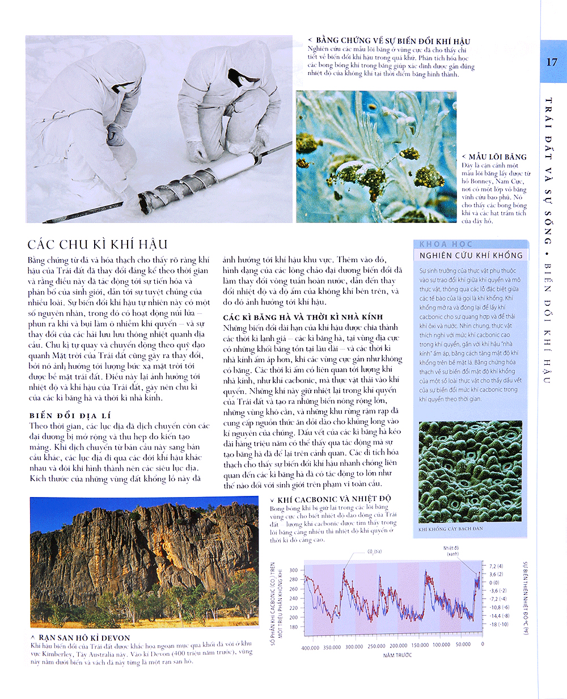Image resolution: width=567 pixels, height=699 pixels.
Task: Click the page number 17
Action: pyautogui.click(x=552, y=62)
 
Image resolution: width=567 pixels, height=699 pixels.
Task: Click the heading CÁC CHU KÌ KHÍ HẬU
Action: pyautogui.click(x=98, y=245)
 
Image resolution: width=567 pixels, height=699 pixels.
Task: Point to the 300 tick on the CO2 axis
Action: pyautogui.click(x=293, y=570)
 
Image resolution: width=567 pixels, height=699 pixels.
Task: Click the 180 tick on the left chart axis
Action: pyautogui.click(x=293, y=626)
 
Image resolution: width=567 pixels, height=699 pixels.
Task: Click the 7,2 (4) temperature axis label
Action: pyautogui.click(x=497, y=566)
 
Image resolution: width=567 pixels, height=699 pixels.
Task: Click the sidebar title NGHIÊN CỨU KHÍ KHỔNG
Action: pyautogui.click(x=471, y=255)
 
